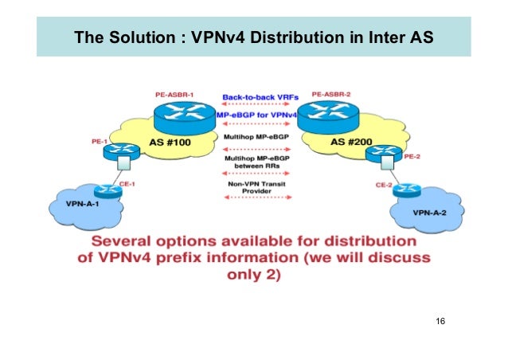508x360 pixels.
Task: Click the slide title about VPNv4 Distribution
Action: point(252,37)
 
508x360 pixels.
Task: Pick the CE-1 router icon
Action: point(105,191)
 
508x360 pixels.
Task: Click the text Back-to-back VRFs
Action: point(254,97)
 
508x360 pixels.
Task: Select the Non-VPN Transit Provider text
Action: point(254,189)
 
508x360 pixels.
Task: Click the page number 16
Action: point(440,321)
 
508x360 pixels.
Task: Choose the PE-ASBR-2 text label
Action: point(331,94)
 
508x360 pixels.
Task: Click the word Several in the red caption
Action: point(125,241)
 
